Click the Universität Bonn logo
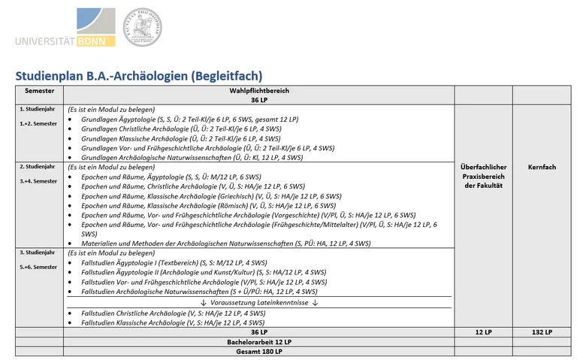click(65, 28)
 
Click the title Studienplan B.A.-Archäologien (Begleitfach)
click(138, 75)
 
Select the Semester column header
click(39, 90)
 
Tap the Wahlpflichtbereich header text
click(259, 90)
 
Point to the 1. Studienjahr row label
click(35, 109)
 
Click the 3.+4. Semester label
click(38, 181)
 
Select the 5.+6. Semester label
click(38, 267)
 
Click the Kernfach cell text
click(542, 167)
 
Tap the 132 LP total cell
click(542, 332)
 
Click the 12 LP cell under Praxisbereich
click(485, 332)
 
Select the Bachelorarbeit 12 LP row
click(259, 342)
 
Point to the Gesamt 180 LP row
click(259, 352)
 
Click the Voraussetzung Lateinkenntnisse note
click(260, 302)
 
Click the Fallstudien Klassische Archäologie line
click(173, 322)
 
